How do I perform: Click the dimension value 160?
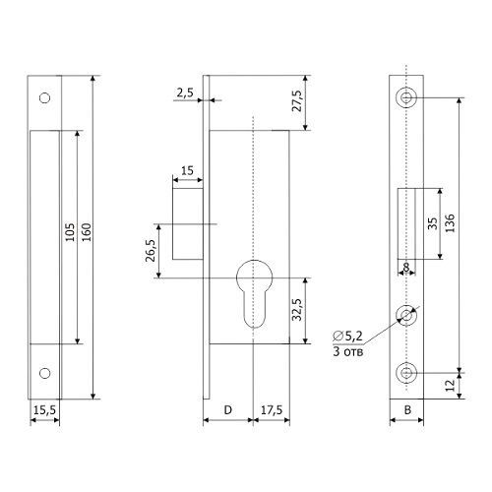(x=87, y=232)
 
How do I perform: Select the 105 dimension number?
(x=70, y=232)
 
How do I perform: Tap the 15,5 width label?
(x=45, y=410)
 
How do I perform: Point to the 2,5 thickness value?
(x=185, y=93)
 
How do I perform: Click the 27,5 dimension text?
(x=297, y=100)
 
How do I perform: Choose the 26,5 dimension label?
(x=151, y=251)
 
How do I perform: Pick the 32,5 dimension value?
(x=297, y=310)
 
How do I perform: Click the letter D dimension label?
(x=228, y=410)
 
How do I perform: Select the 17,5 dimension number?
(x=272, y=410)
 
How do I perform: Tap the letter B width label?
(x=407, y=410)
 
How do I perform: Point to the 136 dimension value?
(x=451, y=223)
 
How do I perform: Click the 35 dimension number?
(x=433, y=223)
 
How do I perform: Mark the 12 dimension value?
(x=452, y=385)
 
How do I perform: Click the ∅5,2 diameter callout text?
(x=347, y=337)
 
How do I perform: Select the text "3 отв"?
(x=348, y=352)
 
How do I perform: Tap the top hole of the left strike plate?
(x=44, y=98)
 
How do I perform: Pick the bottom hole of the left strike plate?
(x=44, y=373)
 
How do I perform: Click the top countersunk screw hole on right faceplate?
(x=406, y=97)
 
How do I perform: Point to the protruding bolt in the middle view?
(x=188, y=223)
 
